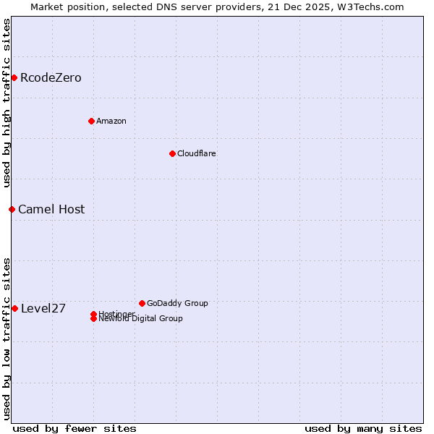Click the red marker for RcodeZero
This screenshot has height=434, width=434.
(14, 77)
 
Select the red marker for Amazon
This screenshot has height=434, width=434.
(91, 121)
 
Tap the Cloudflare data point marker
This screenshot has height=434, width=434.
(172, 153)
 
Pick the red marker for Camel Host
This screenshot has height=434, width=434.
(12, 209)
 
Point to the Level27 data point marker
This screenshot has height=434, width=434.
(14, 308)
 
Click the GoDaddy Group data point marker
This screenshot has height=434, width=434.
(142, 303)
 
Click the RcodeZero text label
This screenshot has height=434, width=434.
(51, 77)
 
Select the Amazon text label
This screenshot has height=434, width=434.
(111, 121)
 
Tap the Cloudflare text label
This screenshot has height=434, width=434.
(197, 153)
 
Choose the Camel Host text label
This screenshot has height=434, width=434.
(51, 209)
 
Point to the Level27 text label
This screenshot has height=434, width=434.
(43, 308)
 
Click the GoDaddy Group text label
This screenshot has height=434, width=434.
(177, 303)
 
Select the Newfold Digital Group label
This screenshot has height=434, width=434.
(141, 319)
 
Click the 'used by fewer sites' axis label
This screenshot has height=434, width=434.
(75, 428)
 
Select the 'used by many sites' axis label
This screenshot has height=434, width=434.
(363, 428)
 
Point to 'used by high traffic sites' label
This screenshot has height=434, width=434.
(7, 103)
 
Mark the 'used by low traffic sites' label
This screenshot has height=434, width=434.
(7, 339)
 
